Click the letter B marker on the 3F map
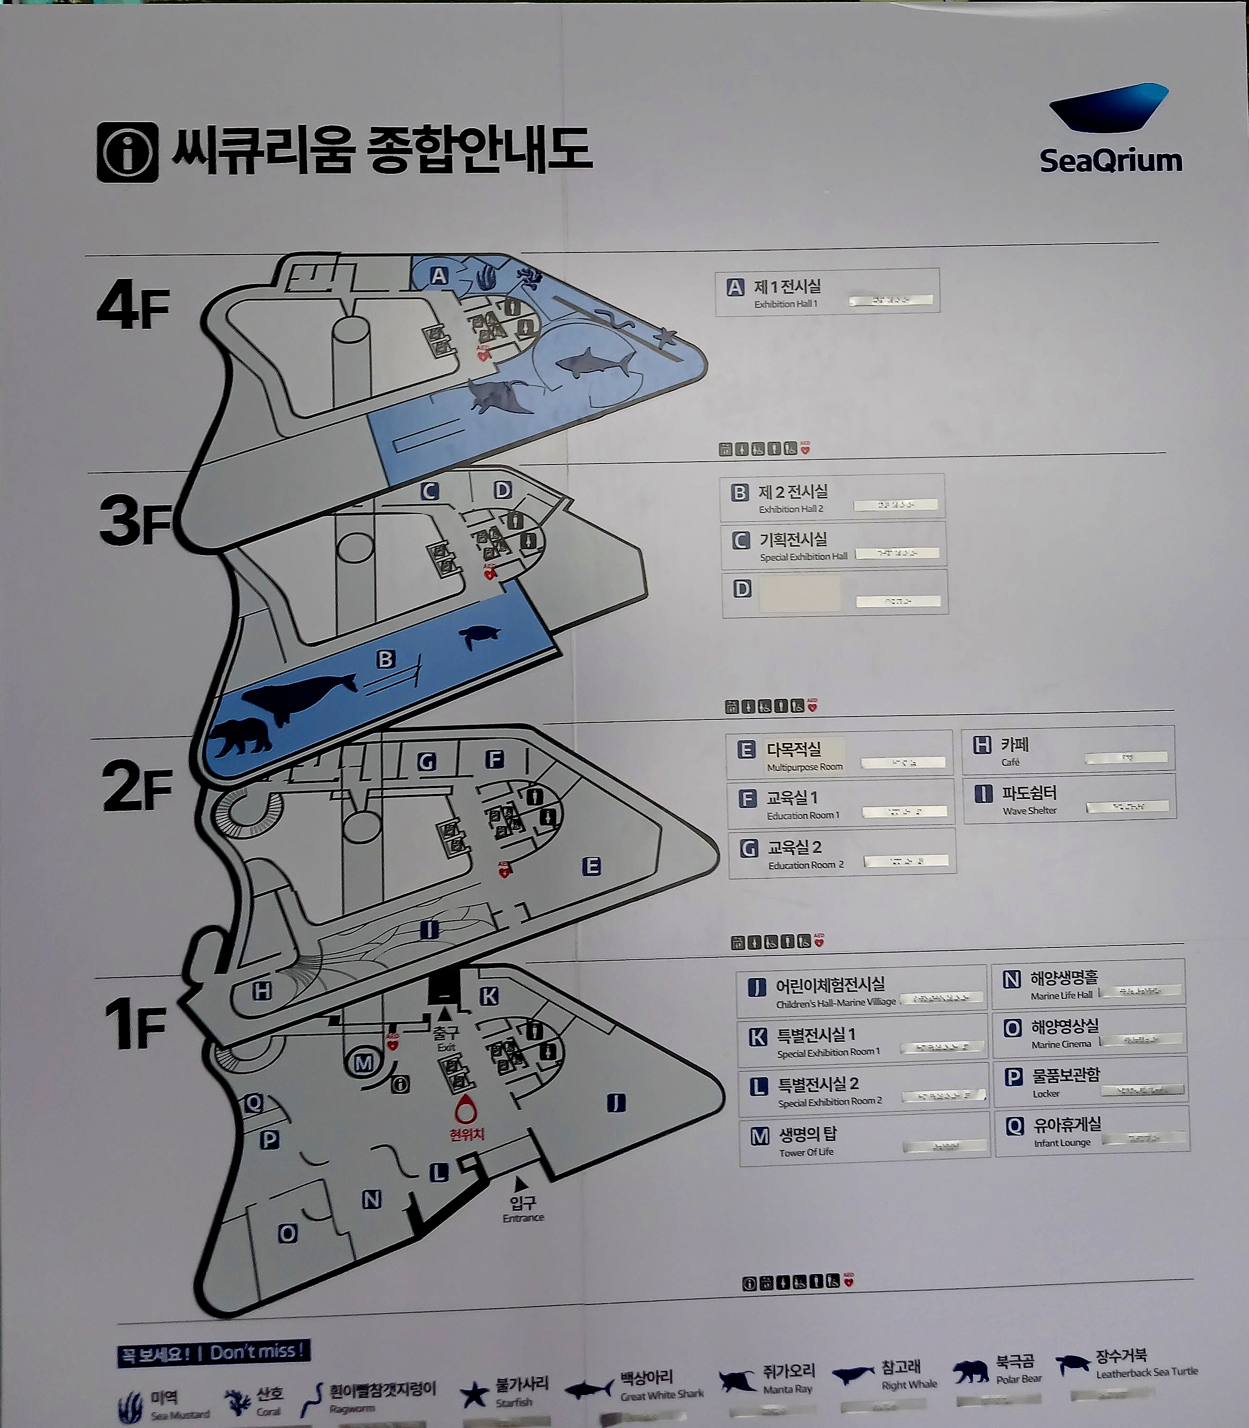click(385, 659)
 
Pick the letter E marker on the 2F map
click(591, 867)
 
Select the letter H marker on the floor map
click(262, 991)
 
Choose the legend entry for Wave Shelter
click(1069, 799)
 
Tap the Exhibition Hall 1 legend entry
click(827, 293)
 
